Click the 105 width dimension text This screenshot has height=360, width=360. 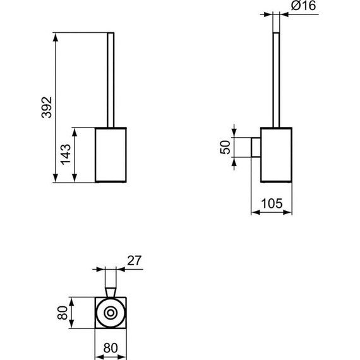tap(272, 203)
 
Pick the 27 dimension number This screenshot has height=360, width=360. tap(133, 259)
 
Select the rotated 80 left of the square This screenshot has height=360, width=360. tap(62, 313)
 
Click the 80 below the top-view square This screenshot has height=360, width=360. tap(111, 347)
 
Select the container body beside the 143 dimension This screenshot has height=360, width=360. tap(111, 155)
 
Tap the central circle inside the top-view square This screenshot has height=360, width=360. tap(111, 313)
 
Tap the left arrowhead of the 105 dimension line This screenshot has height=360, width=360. tap(255, 212)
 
